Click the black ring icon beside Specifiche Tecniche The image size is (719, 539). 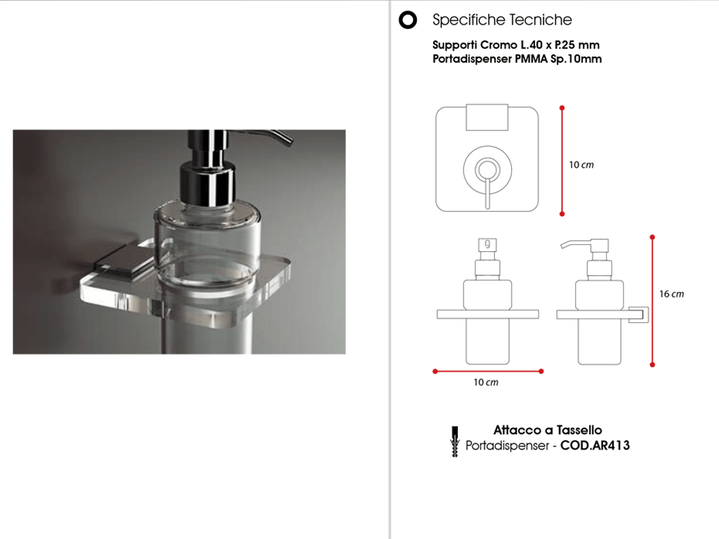click(408, 20)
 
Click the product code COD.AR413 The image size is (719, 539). click(595, 446)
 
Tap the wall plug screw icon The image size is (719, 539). click(454, 442)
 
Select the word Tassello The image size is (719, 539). click(579, 430)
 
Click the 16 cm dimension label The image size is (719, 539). click(671, 294)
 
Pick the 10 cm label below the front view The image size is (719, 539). click(486, 382)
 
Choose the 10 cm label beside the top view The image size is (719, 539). click(581, 165)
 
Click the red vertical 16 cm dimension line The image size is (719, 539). click(652, 301)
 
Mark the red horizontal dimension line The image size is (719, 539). click(488, 371)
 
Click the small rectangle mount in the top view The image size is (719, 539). click(487, 117)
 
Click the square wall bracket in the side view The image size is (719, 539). click(638, 314)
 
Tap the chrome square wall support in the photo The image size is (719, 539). click(124, 260)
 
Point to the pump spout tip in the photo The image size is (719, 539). click(288, 140)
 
